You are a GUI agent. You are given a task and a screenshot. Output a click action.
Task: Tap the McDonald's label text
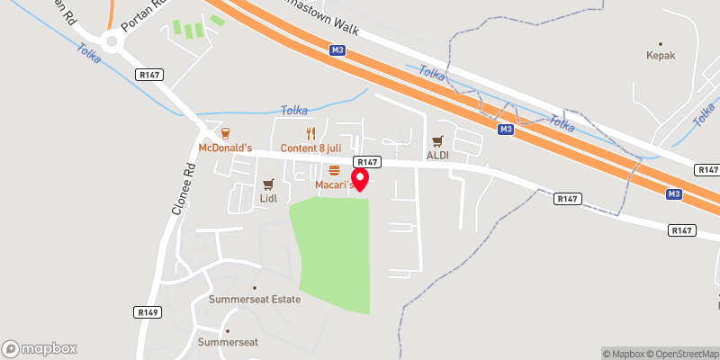(x=224, y=148)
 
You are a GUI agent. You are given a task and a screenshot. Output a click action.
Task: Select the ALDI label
(x=437, y=155)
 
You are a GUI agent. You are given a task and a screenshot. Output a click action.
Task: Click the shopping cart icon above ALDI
(x=437, y=140)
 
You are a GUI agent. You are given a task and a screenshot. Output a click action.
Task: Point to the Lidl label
(x=268, y=197)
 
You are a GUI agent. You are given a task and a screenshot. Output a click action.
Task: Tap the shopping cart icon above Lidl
(x=267, y=183)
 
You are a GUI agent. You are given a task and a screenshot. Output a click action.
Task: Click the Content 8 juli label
(x=310, y=148)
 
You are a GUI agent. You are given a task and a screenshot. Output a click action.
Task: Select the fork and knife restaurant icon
(x=310, y=132)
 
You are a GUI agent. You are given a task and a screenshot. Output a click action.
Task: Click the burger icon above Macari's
(x=334, y=170)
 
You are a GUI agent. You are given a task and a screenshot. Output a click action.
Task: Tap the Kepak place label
(x=661, y=55)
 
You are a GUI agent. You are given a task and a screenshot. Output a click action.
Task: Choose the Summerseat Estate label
(x=255, y=299)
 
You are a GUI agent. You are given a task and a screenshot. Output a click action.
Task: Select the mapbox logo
(x=40, y=348)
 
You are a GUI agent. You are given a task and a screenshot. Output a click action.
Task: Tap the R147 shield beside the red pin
(x=366, y=162)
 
